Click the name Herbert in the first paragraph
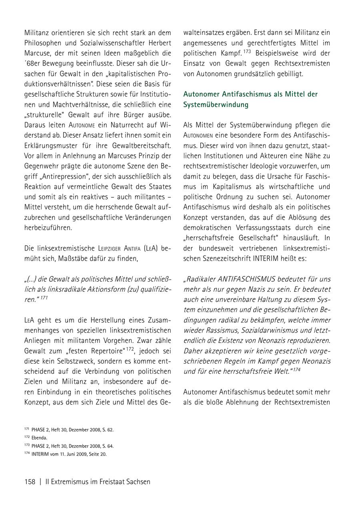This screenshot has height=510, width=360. click(158, 43)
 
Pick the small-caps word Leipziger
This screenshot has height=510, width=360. click(113, 249)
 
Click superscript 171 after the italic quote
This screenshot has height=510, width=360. click(44, 298)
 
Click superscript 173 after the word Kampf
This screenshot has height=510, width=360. click(248, 52)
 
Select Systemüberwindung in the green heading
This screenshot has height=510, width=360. click(216, 105)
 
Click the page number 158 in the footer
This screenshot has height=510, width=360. click(30, 482)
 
